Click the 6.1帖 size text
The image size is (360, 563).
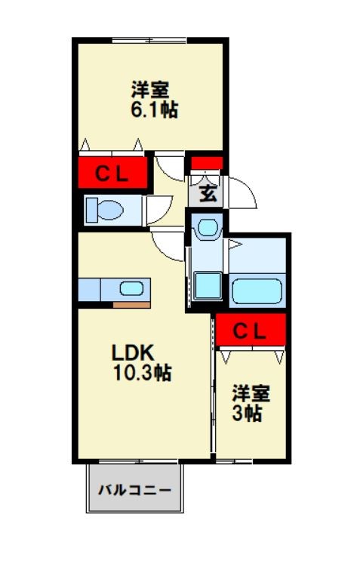[154, 110]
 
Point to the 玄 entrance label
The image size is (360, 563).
[208, 192]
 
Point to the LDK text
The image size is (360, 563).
[133, 352]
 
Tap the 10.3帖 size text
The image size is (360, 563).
[141, 372]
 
